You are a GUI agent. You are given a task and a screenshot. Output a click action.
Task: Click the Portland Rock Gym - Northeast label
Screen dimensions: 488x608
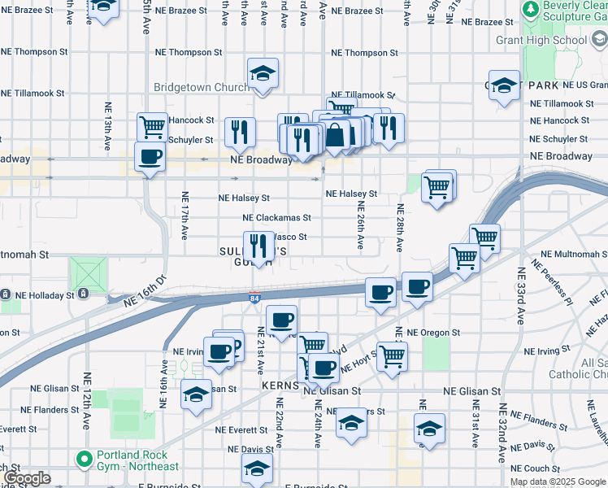(x=136, y=460)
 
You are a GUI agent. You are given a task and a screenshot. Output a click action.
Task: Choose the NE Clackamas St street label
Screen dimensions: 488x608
(x=276, y=218)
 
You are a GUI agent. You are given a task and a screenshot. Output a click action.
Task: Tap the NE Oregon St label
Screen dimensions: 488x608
(x=433, y=333)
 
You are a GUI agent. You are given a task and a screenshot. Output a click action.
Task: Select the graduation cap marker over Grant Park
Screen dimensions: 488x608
(x=504, y=85)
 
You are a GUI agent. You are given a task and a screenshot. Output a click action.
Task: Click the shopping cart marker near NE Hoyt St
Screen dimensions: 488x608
(x=392, y=355)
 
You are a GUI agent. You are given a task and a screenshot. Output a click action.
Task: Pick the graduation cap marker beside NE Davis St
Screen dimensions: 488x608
(x=257, y=469)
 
